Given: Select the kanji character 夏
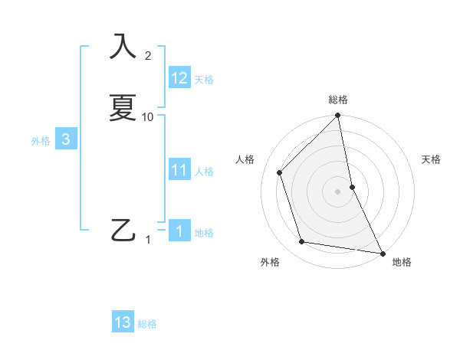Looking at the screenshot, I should (123, 106).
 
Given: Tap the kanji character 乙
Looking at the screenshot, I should (123, 229).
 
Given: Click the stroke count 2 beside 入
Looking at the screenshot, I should (148, 55).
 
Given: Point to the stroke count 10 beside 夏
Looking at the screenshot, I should (148, 116).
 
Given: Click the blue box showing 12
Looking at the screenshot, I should (179, 78).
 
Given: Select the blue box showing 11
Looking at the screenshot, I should (179, 170).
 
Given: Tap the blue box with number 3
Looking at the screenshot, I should (66, 139).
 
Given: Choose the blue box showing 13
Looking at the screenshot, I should (123, 322).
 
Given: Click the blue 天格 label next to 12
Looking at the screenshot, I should (204, 80).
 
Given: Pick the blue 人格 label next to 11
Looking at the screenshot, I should (205, 172).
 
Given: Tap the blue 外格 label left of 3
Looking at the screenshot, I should (41, 141).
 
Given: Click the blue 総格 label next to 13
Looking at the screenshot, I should (147, 324).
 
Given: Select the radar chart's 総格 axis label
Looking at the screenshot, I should (338, 100).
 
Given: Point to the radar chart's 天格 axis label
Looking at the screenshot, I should (431, 159).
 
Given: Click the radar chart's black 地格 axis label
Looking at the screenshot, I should (402, 263).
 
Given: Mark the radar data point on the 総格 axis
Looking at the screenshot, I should (338, 116).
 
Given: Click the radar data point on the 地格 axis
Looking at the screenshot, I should (382, 253).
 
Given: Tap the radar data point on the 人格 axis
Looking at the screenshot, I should (280, 172).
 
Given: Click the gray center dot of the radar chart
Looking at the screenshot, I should (338, 191).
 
